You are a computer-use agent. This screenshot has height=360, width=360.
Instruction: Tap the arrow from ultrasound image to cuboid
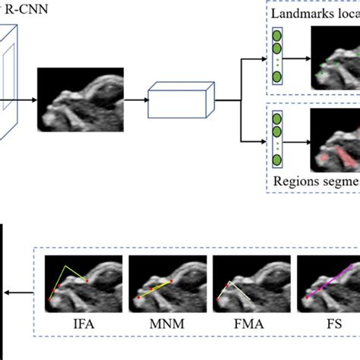pyautogui.click(x=134, y=99)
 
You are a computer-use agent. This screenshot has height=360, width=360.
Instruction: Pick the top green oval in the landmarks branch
pyautogui.click(x=277, y=36)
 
